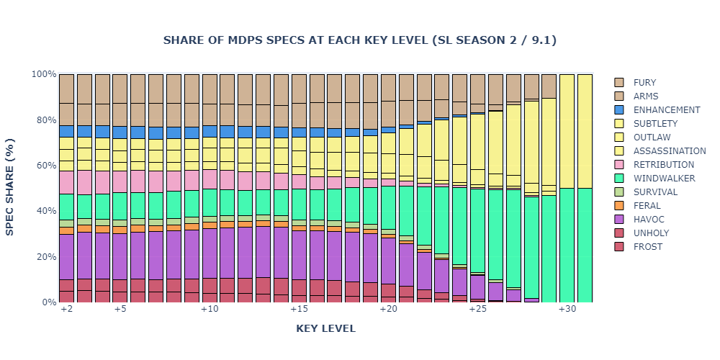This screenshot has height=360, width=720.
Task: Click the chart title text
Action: tap(359, 40)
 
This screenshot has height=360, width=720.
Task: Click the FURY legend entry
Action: tap(644, 83)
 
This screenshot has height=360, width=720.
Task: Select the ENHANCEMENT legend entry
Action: tap(666, 110)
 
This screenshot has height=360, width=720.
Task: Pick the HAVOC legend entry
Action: tap(648, 220)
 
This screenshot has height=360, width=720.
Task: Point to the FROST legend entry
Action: tap(648, 247)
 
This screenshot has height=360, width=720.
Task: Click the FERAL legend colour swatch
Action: tap(619, 206)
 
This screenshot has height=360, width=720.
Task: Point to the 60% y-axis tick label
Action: tap(44, 166)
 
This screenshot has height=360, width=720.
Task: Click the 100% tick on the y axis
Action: tap(42, 74)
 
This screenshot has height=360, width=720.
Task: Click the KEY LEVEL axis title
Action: tap(325, 329)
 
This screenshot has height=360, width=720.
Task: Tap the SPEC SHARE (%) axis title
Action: tap(10, 188)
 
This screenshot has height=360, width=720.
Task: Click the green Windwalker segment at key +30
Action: tap(567, 245)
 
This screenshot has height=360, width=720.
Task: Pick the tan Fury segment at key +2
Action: tap(66, 89)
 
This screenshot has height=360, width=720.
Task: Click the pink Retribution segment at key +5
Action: tap(120, 181)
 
